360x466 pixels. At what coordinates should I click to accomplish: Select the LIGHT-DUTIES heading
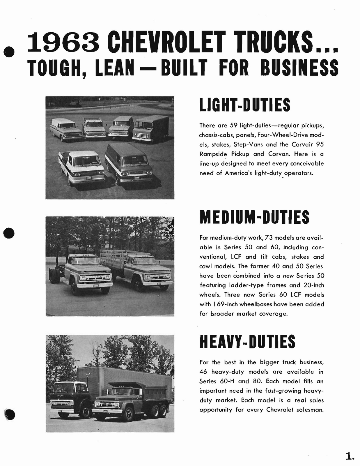coord(245,105)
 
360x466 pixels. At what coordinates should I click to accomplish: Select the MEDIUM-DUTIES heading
coord(254,217)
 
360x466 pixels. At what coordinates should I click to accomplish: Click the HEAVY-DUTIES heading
coord(247,342)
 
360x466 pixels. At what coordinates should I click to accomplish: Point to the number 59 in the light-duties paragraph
coord(233,126)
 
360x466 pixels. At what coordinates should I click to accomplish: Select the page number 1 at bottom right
coord(349,456)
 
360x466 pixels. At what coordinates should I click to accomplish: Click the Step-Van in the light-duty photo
coord(150,128)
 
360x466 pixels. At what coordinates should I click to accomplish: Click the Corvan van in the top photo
coord(129,165)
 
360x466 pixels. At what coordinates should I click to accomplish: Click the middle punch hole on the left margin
coord(9,233)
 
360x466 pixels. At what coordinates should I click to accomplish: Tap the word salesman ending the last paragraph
coord(310,410)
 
